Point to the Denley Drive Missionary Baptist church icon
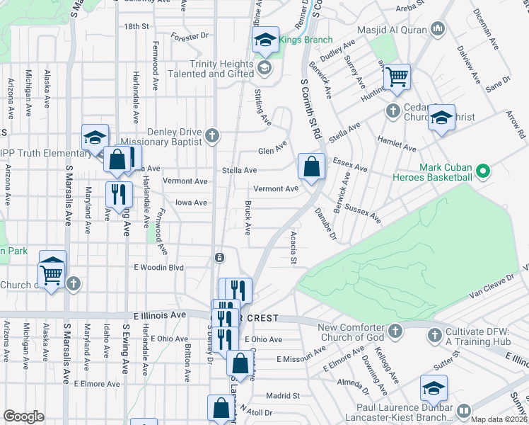pos(211,135)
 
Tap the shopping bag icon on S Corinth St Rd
pos(311,167)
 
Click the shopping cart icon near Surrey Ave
pos(397,76)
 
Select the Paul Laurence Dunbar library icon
pos(464,411)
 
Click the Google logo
pos(24,416)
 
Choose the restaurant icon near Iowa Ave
pos(117,193)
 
